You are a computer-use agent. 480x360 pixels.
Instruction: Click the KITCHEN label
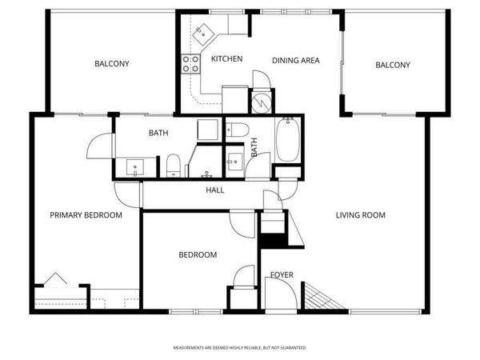click(x=226, y=59)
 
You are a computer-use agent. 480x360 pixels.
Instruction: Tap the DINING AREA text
click(x=296, y=60)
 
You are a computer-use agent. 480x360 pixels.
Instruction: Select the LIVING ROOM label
click(x=360, y=215)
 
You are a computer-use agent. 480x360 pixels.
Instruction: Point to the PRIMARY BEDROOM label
click(x=86, y=215)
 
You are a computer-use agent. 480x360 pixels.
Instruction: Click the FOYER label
click(x=281, y=275)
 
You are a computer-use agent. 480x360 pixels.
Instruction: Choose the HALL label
click(x=214, y=190)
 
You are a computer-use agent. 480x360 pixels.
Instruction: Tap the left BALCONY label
click(x=112, y=64)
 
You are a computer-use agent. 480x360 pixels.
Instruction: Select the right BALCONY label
click(x=393, y=65)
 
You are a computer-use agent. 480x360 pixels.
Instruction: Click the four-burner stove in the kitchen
click(x=191, y=64)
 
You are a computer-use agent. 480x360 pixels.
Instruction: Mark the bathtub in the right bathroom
click(x=288, y=140)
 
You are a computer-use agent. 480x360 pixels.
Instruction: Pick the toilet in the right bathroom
click(x=238, y=130)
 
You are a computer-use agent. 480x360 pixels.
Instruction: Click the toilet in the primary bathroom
click(x=173, y=166)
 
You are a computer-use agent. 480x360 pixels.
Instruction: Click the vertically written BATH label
click(x=254, y=147)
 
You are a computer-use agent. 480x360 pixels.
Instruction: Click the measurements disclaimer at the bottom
click(x=241, y=348)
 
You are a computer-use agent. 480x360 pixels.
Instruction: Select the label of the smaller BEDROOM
click(x=197, y=255)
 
